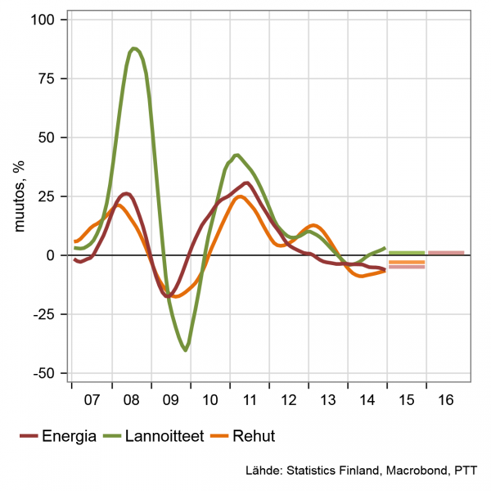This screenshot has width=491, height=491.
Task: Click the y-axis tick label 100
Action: [47, 19]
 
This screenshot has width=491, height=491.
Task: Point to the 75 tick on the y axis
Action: [50, 79]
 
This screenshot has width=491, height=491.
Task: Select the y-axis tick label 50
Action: [50, 137]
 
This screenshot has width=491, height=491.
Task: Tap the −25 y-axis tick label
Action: [46, 314]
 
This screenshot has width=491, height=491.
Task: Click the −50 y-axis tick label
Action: [46, 373]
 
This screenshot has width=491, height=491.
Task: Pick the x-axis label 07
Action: [92, 401]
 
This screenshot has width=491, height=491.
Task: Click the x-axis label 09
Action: [170, 401]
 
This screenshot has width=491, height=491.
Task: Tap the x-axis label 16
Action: [446, 401]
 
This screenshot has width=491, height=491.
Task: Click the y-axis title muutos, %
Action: [17, 196]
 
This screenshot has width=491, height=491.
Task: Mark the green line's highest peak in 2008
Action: [134, 48]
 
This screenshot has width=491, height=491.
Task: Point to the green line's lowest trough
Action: [186, 350]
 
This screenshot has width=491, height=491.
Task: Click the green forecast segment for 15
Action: [406, 253]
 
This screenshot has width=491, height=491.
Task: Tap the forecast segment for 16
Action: [446, 253]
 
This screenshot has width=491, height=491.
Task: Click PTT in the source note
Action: [466, 471]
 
